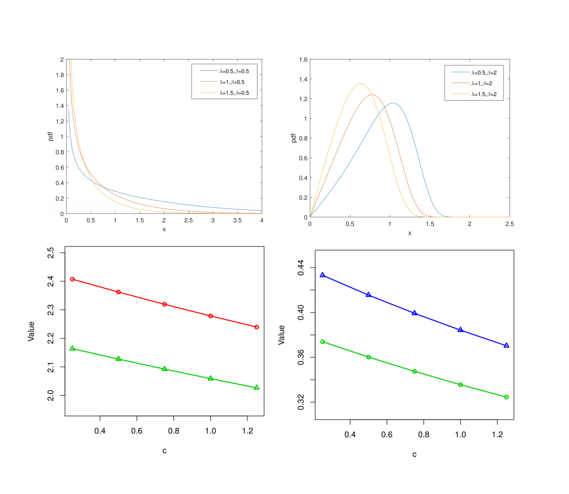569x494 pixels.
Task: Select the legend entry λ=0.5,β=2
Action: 484,73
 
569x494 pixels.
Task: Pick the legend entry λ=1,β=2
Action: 481,84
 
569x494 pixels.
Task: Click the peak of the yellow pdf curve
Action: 361,84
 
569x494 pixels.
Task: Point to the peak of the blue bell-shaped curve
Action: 392,103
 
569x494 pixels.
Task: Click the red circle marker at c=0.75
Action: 164,304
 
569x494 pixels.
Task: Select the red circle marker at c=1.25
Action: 257,327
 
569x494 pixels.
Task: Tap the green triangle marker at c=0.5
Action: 118,359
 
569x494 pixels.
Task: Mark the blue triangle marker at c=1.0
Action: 460,330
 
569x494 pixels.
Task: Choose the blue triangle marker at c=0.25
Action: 322,275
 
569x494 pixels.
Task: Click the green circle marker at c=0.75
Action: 415,371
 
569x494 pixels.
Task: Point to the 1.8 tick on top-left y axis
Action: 60,75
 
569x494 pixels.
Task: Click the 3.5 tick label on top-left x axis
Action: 237,220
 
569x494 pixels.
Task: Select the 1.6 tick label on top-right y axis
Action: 303,60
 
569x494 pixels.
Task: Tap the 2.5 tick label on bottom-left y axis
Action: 51,252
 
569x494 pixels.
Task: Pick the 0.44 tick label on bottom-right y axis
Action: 301,268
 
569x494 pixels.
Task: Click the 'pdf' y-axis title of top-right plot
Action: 294,138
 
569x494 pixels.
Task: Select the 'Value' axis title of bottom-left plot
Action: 31,331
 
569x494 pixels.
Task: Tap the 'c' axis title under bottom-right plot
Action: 414,455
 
